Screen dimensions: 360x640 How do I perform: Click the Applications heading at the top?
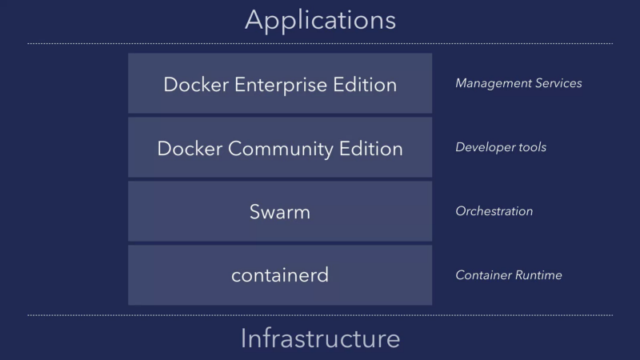pyautogui.click(x=320, y=19)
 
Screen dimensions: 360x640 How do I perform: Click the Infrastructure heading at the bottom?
pyautogui.click(x=320, y=338)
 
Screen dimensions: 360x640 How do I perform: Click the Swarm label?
pyautogui.click(x=280, y=212)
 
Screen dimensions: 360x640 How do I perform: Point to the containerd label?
pyautogui.click(x=280, y=275)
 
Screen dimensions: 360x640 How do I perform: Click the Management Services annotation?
pyautogui.click(x=518, y=83)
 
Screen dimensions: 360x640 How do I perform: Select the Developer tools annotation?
pyautogui.click(x=501, y=147)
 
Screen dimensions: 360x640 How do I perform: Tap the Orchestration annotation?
pyautogui.click(x=494, y=211)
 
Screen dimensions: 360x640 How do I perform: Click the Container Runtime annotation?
pyautogui.click(x=509, y=275)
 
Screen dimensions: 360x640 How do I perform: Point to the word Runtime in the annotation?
pyautogui.click(x=537, y=275)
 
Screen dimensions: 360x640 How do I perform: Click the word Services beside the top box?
pyautogui.click(x=556, y=83)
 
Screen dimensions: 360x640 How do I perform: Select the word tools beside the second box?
pyautogui.click(x=530, y=147)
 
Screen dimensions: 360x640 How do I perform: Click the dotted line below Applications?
pyautogui.click(x=320, y=43)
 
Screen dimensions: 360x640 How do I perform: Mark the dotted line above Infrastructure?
pyautogui.click(x=320, y=315)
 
